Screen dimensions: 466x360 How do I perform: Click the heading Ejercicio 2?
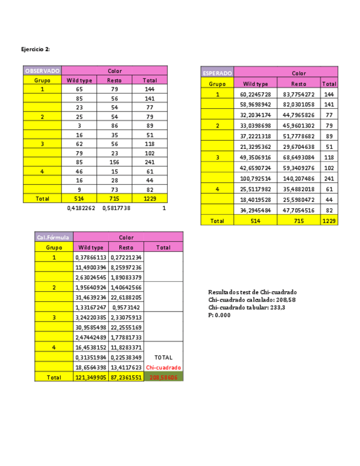tap(35, 49)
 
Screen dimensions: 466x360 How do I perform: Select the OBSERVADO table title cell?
tap(42, 71)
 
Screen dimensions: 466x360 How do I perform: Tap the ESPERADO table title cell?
tap(218, 73)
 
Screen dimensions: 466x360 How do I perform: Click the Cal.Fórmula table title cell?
tap(53, 237)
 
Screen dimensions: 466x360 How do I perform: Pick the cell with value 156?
tap(114, 162)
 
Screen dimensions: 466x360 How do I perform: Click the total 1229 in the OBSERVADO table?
tap(149, 198)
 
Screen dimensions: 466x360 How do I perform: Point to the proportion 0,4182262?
tap(81, 208)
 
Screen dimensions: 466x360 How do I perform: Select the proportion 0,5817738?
tap(116, 208)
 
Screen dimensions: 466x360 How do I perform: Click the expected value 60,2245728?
tap(256, 95)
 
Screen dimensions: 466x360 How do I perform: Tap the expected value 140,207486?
tap(298, 179)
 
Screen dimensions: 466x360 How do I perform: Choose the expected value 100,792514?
tap(256, 179)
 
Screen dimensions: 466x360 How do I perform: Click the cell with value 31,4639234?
tap(91, 297)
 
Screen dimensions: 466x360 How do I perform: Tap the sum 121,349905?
tap(91, 378)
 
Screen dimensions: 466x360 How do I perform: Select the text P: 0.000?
tap(219, 315)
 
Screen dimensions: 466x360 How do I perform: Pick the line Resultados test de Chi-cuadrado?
tap(252, 292)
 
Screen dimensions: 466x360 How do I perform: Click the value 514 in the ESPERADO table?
tap(256, 220)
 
